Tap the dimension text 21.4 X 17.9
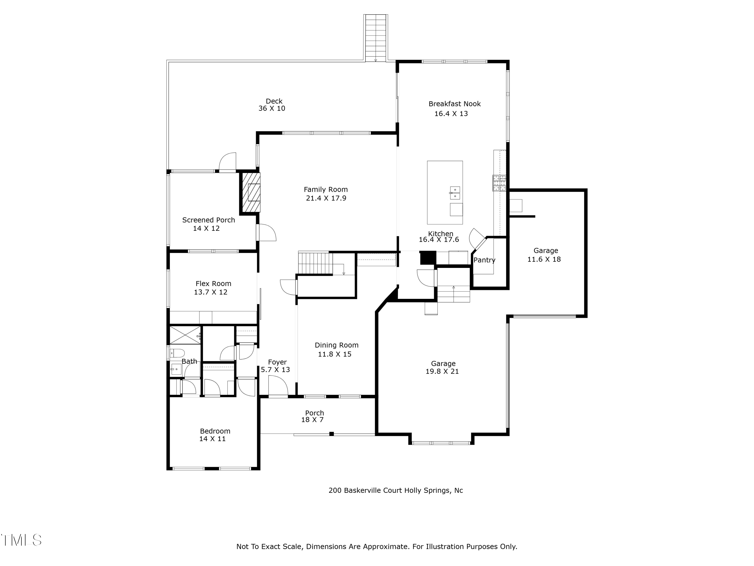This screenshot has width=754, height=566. [x=326, y=198]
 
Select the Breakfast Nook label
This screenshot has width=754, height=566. [x=454, y=104]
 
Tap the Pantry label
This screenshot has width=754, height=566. [x=484, y=260]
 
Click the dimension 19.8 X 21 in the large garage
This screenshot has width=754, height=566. [x=442, y=372]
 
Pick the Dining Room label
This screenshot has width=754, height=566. [x=337, y=345]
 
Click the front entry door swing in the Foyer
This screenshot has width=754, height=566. [x=278, y=386]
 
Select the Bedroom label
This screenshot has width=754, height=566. [x=215, y=431]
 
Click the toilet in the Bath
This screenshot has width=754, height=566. [x=177, y=353]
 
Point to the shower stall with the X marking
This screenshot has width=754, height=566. [x=185, y=335]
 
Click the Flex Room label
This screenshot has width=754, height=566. [x=213, y=284]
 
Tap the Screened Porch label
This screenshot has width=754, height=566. [x=208, y=220]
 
